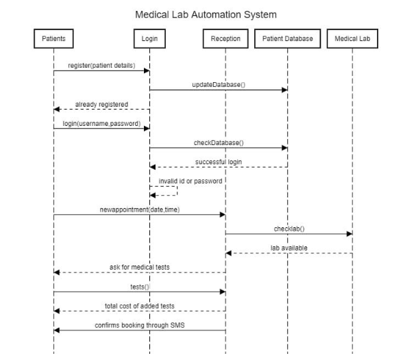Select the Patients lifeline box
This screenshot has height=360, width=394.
pyautogui.click(x=53, y=39)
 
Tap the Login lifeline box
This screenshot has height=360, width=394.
pyautogui.click(x=149, y=39)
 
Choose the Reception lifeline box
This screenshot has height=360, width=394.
pyautogui.click(x=225, y=39)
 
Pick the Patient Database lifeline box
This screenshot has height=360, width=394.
pyautogui.click(x=287, y=39)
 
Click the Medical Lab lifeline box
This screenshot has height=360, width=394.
pyautogui.click(x=352, y=39)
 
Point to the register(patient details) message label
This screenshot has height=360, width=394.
pyautogui.click(x=101, y=64)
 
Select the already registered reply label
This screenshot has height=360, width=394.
pyautogui.click(x=101, y=104)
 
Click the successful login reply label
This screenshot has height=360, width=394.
pyautogui.click(x=219, y=162)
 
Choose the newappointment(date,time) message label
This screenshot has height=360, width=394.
pyautogui.click(x=140, y=208)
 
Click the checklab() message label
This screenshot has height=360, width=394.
pyautogui.click(x=288, y=227)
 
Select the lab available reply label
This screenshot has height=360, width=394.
pyautogui.click(x=288, y=247)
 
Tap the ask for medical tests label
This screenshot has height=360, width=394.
pyautogui.click(x=140, y=266)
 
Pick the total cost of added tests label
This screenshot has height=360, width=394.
pyautogui.click(x=140, y=305)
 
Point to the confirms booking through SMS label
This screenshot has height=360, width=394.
pyautogui.click(x=140, y=324)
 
